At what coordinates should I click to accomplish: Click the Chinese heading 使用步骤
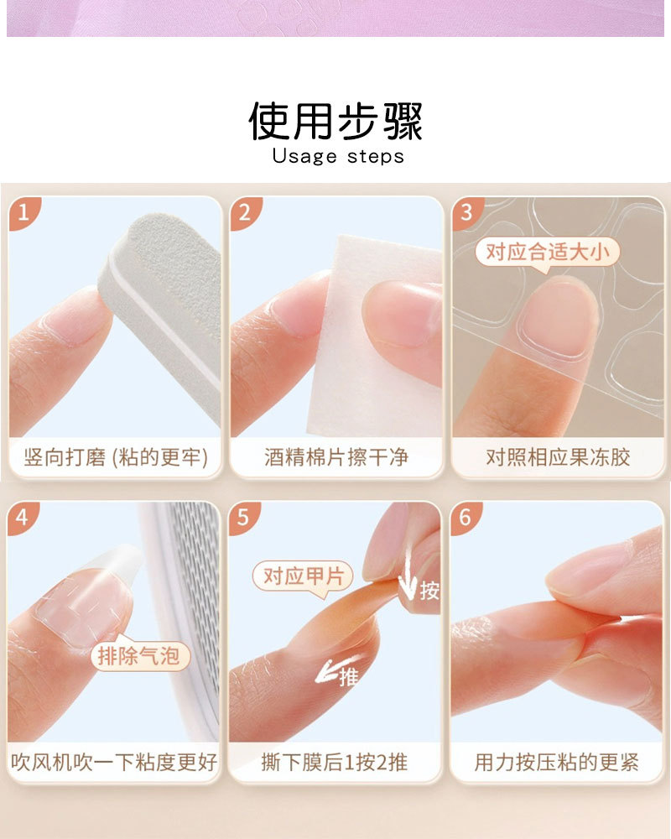[335, 121]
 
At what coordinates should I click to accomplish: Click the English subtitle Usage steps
[338, 157]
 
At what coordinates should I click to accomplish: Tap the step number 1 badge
[23, 212]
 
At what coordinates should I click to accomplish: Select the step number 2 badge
[245, 212]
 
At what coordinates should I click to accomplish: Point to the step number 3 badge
[466, 212]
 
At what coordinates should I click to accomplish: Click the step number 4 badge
[23, 518]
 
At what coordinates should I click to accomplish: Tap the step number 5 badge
[243, 518]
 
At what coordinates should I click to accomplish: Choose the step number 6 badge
[465, 518]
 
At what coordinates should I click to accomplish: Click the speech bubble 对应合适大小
[547, 253]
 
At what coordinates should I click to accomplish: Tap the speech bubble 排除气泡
[139, 655]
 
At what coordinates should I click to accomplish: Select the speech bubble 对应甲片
[304, 578]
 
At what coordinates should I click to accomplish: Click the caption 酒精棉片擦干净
[336, 457]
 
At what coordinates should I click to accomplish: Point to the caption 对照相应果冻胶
[558, 457]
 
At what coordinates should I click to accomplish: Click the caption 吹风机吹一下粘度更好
[114, 763]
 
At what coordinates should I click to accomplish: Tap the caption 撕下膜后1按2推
[335, 763]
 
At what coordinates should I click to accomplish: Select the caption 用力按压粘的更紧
[556, 763]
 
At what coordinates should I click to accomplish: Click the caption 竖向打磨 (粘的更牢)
[116, 457]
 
